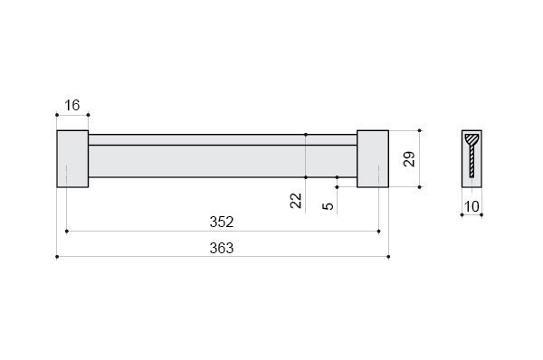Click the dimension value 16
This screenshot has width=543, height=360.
[72, 105]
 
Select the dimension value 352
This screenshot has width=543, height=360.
[222, 222]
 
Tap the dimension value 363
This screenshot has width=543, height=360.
[222, 248]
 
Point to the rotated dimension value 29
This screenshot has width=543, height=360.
[409, 159]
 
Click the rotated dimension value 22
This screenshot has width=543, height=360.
[296, 201]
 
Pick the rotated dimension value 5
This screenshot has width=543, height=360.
[328, 206]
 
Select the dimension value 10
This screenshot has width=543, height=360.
[472, 206]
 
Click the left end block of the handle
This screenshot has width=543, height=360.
[72, 159]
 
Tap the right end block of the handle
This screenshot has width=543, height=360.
[373, 159]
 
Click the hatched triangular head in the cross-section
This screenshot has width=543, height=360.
[472, 139]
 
